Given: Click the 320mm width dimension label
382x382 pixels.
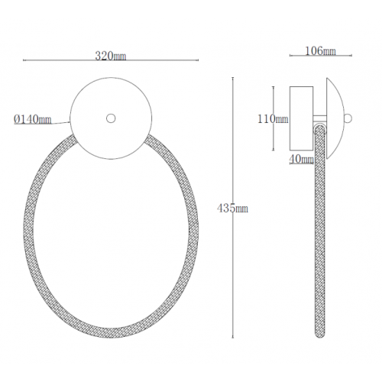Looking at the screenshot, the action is [111, 56].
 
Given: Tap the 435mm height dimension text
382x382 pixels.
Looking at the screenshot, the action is [232, 209].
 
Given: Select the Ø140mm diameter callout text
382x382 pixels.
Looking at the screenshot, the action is [33, 119].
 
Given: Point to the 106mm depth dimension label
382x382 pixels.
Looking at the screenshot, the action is [320, 51].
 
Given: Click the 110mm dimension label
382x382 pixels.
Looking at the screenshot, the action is [273, 119].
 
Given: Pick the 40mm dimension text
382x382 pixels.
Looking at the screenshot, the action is [301, 160].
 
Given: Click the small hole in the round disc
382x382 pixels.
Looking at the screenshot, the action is [111, 118].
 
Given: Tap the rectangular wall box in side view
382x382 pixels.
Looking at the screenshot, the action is [301, 118].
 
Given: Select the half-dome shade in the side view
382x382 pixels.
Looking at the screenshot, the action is [335, 118].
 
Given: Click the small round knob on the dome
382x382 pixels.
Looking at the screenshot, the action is [348, 118].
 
